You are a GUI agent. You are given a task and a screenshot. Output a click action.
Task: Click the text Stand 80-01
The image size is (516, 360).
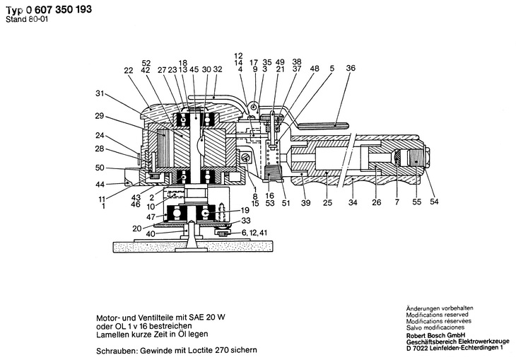click(x=27, y=19)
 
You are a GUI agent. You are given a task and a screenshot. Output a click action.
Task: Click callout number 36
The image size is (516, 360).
click(x=351, y=68)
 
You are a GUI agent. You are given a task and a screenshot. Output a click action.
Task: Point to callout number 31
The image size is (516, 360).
click(x=100, y=93)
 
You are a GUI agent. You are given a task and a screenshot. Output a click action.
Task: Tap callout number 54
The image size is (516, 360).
click(x=434, y=202)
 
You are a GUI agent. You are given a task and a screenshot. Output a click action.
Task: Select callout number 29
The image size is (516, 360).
click(x=100, y=116)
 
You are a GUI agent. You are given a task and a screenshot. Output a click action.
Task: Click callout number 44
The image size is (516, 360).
click(x=100, y=185)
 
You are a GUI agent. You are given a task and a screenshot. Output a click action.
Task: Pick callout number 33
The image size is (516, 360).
click(x=246, y=221)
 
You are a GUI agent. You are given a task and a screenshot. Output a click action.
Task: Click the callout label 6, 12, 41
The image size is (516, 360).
click(x=254, y=233)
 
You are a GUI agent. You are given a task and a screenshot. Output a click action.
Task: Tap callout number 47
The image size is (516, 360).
click(x=151, y=217)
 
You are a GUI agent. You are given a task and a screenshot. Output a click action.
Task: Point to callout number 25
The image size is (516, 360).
click(x=327, y=202)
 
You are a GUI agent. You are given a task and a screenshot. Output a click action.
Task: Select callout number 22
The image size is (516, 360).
click(x=129, y=71)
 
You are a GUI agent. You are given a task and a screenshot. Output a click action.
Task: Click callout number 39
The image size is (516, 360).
click(x=306, y=203)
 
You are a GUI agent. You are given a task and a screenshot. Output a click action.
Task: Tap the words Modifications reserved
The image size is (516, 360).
click(x=437, y=315)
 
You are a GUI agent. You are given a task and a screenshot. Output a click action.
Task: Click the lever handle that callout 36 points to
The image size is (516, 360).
click(x=322, y=125)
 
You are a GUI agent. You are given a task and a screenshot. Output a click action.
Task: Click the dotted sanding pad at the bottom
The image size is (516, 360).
click(x=193, y=247)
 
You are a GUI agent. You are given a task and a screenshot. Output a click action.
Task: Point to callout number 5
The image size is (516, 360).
click(x=332, y=68)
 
